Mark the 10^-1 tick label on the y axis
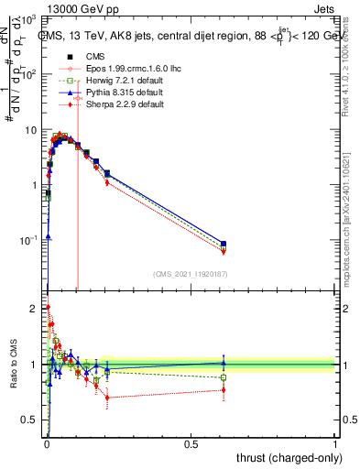click(x=30, y=240)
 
